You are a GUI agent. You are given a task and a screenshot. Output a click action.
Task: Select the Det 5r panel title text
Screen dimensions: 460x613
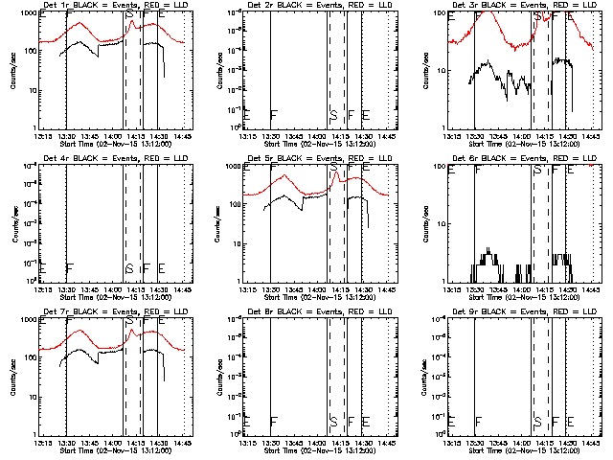tap(320, 159)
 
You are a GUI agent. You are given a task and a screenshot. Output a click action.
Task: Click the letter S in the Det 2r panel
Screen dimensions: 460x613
tap(333, 115)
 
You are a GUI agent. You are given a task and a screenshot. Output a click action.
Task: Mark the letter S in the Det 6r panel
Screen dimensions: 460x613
tap(537, 170)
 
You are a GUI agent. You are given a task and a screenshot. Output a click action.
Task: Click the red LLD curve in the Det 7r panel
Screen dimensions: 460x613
tap(96, 336)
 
